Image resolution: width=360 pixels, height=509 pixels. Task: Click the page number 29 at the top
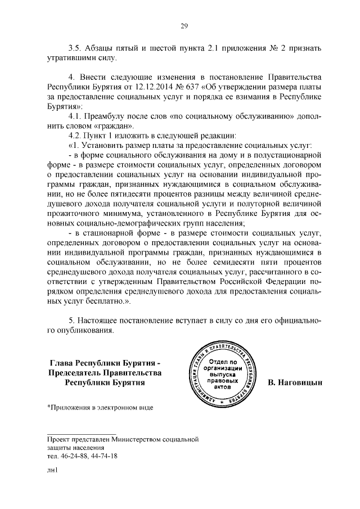coord(183,25)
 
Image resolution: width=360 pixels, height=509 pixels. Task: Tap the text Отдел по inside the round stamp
coord(225,361)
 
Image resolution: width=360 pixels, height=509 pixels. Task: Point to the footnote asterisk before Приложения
coord(49,407)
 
